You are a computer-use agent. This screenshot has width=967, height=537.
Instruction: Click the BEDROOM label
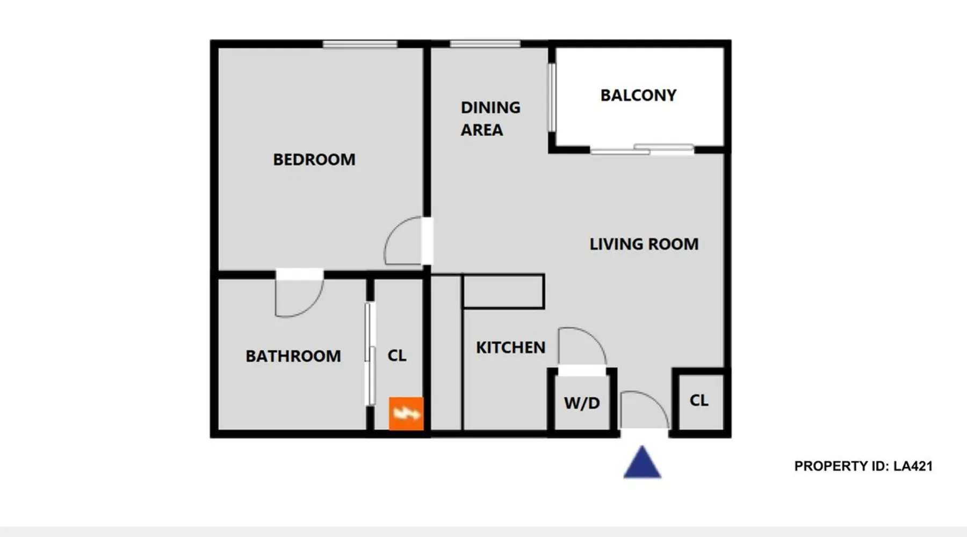click(314, 159)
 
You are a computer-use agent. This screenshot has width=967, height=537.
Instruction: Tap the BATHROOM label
click(293, 356)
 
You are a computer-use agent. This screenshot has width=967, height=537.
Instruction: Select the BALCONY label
click(638, 95)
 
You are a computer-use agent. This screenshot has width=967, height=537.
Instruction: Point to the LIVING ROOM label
click(644, 244)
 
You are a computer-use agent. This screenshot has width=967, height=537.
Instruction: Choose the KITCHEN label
click(510, 347)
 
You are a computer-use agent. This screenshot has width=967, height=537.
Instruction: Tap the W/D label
click(582, 403)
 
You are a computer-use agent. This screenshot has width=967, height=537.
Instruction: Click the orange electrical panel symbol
click(406, 413)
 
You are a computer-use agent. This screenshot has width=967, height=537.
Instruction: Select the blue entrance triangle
click(642, 462)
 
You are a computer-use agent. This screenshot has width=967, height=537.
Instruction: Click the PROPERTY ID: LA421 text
click(863, 466)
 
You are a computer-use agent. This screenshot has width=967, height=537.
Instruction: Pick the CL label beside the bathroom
click(397, 355)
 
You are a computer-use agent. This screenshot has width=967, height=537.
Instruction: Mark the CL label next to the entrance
click(699, 400)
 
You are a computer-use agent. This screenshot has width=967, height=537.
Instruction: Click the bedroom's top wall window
click(360, 44)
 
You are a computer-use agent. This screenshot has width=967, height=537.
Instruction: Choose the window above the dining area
click(485, 44)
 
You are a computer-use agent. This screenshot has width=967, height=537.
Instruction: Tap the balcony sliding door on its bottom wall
click(642, 149)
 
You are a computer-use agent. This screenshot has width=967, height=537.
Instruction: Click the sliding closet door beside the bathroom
click(370, 354)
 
